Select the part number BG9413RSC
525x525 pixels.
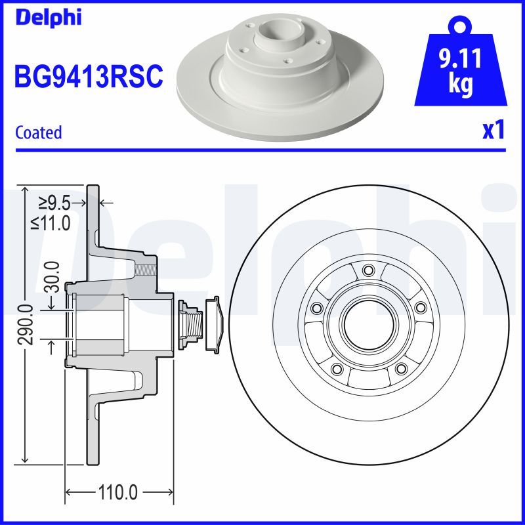point(89,77)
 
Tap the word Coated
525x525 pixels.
point(38,133)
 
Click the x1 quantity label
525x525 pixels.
point(493,131)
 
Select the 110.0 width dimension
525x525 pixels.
point(119,492)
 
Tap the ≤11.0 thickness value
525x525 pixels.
point(51,223)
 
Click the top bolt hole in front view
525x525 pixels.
point(367,270)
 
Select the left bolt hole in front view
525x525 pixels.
point(317,308)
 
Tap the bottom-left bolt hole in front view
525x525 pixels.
point(337,368)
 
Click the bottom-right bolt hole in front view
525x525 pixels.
point(400,368)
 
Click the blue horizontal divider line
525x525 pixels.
point(262,150)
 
